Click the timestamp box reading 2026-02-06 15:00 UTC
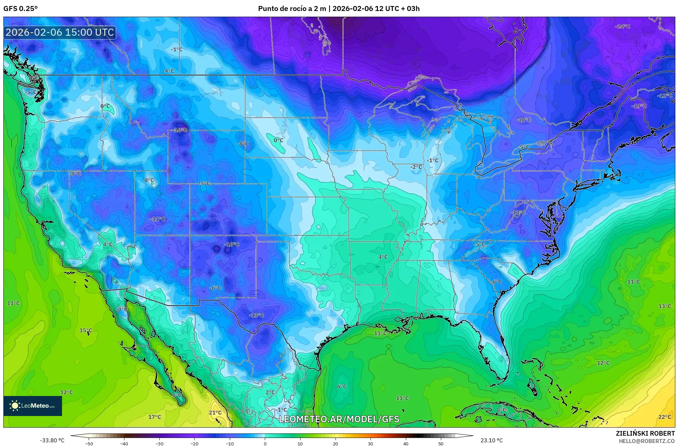[x=60, y=32]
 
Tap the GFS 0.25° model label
[x=20, y=9]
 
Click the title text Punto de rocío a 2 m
[x=292, y=9]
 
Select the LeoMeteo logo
[x=32, y=406]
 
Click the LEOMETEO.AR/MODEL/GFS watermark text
[x=339, y=419]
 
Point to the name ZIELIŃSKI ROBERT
[x=645, y=433]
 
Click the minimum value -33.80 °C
[x=52, y=440]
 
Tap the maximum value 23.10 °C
[x=491, y=440]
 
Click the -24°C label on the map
[x=622, y=27]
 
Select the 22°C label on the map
[x=664, y=417]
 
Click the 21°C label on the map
[x=215, y=413]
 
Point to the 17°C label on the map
[x=154, y=417]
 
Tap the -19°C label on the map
[x=639, y=106]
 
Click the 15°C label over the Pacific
[x=86, y=330]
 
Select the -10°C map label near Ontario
[x=523, y=120]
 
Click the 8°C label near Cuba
[x=501, y=410]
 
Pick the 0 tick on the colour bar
[x=265, y=444]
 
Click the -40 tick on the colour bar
[x=124, y=444]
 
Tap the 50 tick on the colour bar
[x=441, y=444]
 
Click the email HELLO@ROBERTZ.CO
[x=647, y=441]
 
